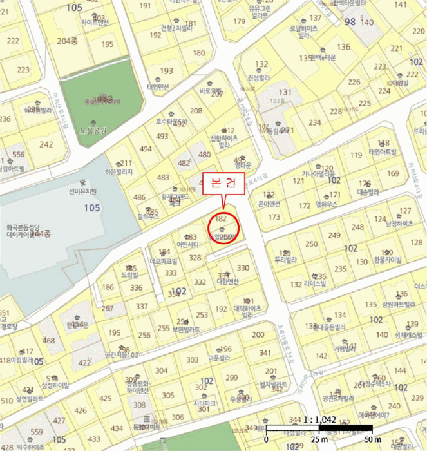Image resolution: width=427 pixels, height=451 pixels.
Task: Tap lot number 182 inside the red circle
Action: click(x=221, y=219)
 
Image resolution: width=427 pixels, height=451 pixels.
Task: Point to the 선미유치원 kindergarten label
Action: click(x=83, y=191)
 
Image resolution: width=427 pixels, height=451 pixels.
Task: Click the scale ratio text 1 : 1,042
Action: click(x=320, y=419)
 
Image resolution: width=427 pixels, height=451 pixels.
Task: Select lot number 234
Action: click(x=315, y=122)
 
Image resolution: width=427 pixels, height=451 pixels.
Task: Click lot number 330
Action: click(x=243, y=267)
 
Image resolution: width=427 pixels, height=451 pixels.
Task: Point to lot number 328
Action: click(x=195, y=258)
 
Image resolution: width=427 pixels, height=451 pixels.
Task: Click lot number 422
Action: click(x=85, y=363)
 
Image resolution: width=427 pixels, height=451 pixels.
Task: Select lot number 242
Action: click(x=46, y=144)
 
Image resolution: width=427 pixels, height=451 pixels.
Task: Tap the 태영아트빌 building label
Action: click(x=381, y=153)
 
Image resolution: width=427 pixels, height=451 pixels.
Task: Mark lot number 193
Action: click(x=167, y=71)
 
